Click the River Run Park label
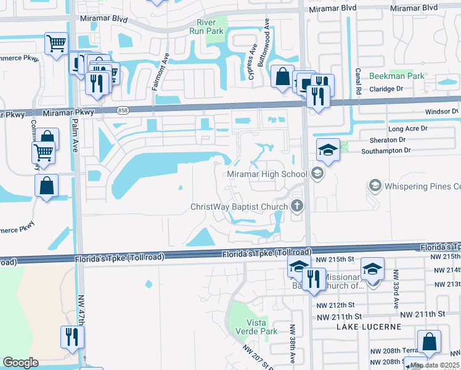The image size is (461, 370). click(205, 28)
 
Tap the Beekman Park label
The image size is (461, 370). click(396, 76)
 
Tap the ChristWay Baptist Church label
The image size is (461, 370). click(239, 207)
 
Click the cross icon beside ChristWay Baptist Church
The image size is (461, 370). click(297, 207)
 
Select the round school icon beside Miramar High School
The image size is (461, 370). click(317, 174)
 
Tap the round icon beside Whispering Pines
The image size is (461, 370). click(374, 186)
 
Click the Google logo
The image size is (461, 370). click(20, 363)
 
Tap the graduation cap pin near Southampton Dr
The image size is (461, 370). click(328, 150)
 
